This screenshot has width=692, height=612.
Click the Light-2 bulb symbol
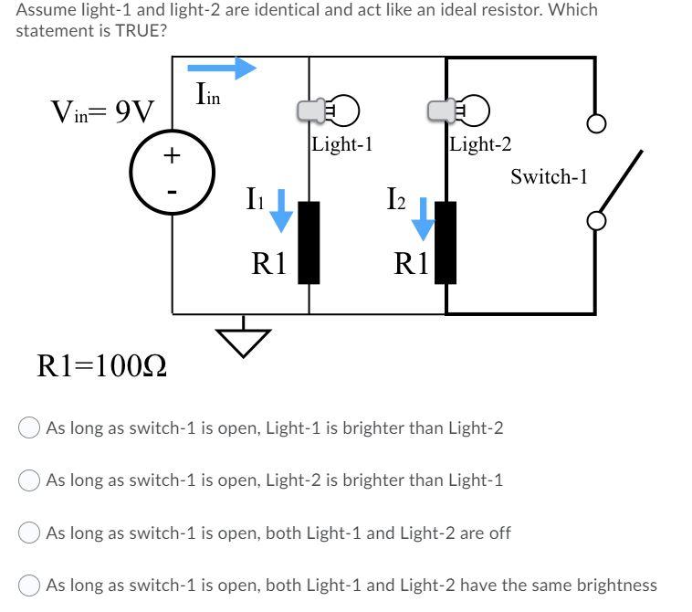tap(461, 111)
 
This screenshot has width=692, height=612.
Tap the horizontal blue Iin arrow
tap(222, 67)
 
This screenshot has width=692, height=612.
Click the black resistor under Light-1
tap(309, 242)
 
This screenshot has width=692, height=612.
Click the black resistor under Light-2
tap(446, 242)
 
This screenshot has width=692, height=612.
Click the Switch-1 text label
tap(548, 176)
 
